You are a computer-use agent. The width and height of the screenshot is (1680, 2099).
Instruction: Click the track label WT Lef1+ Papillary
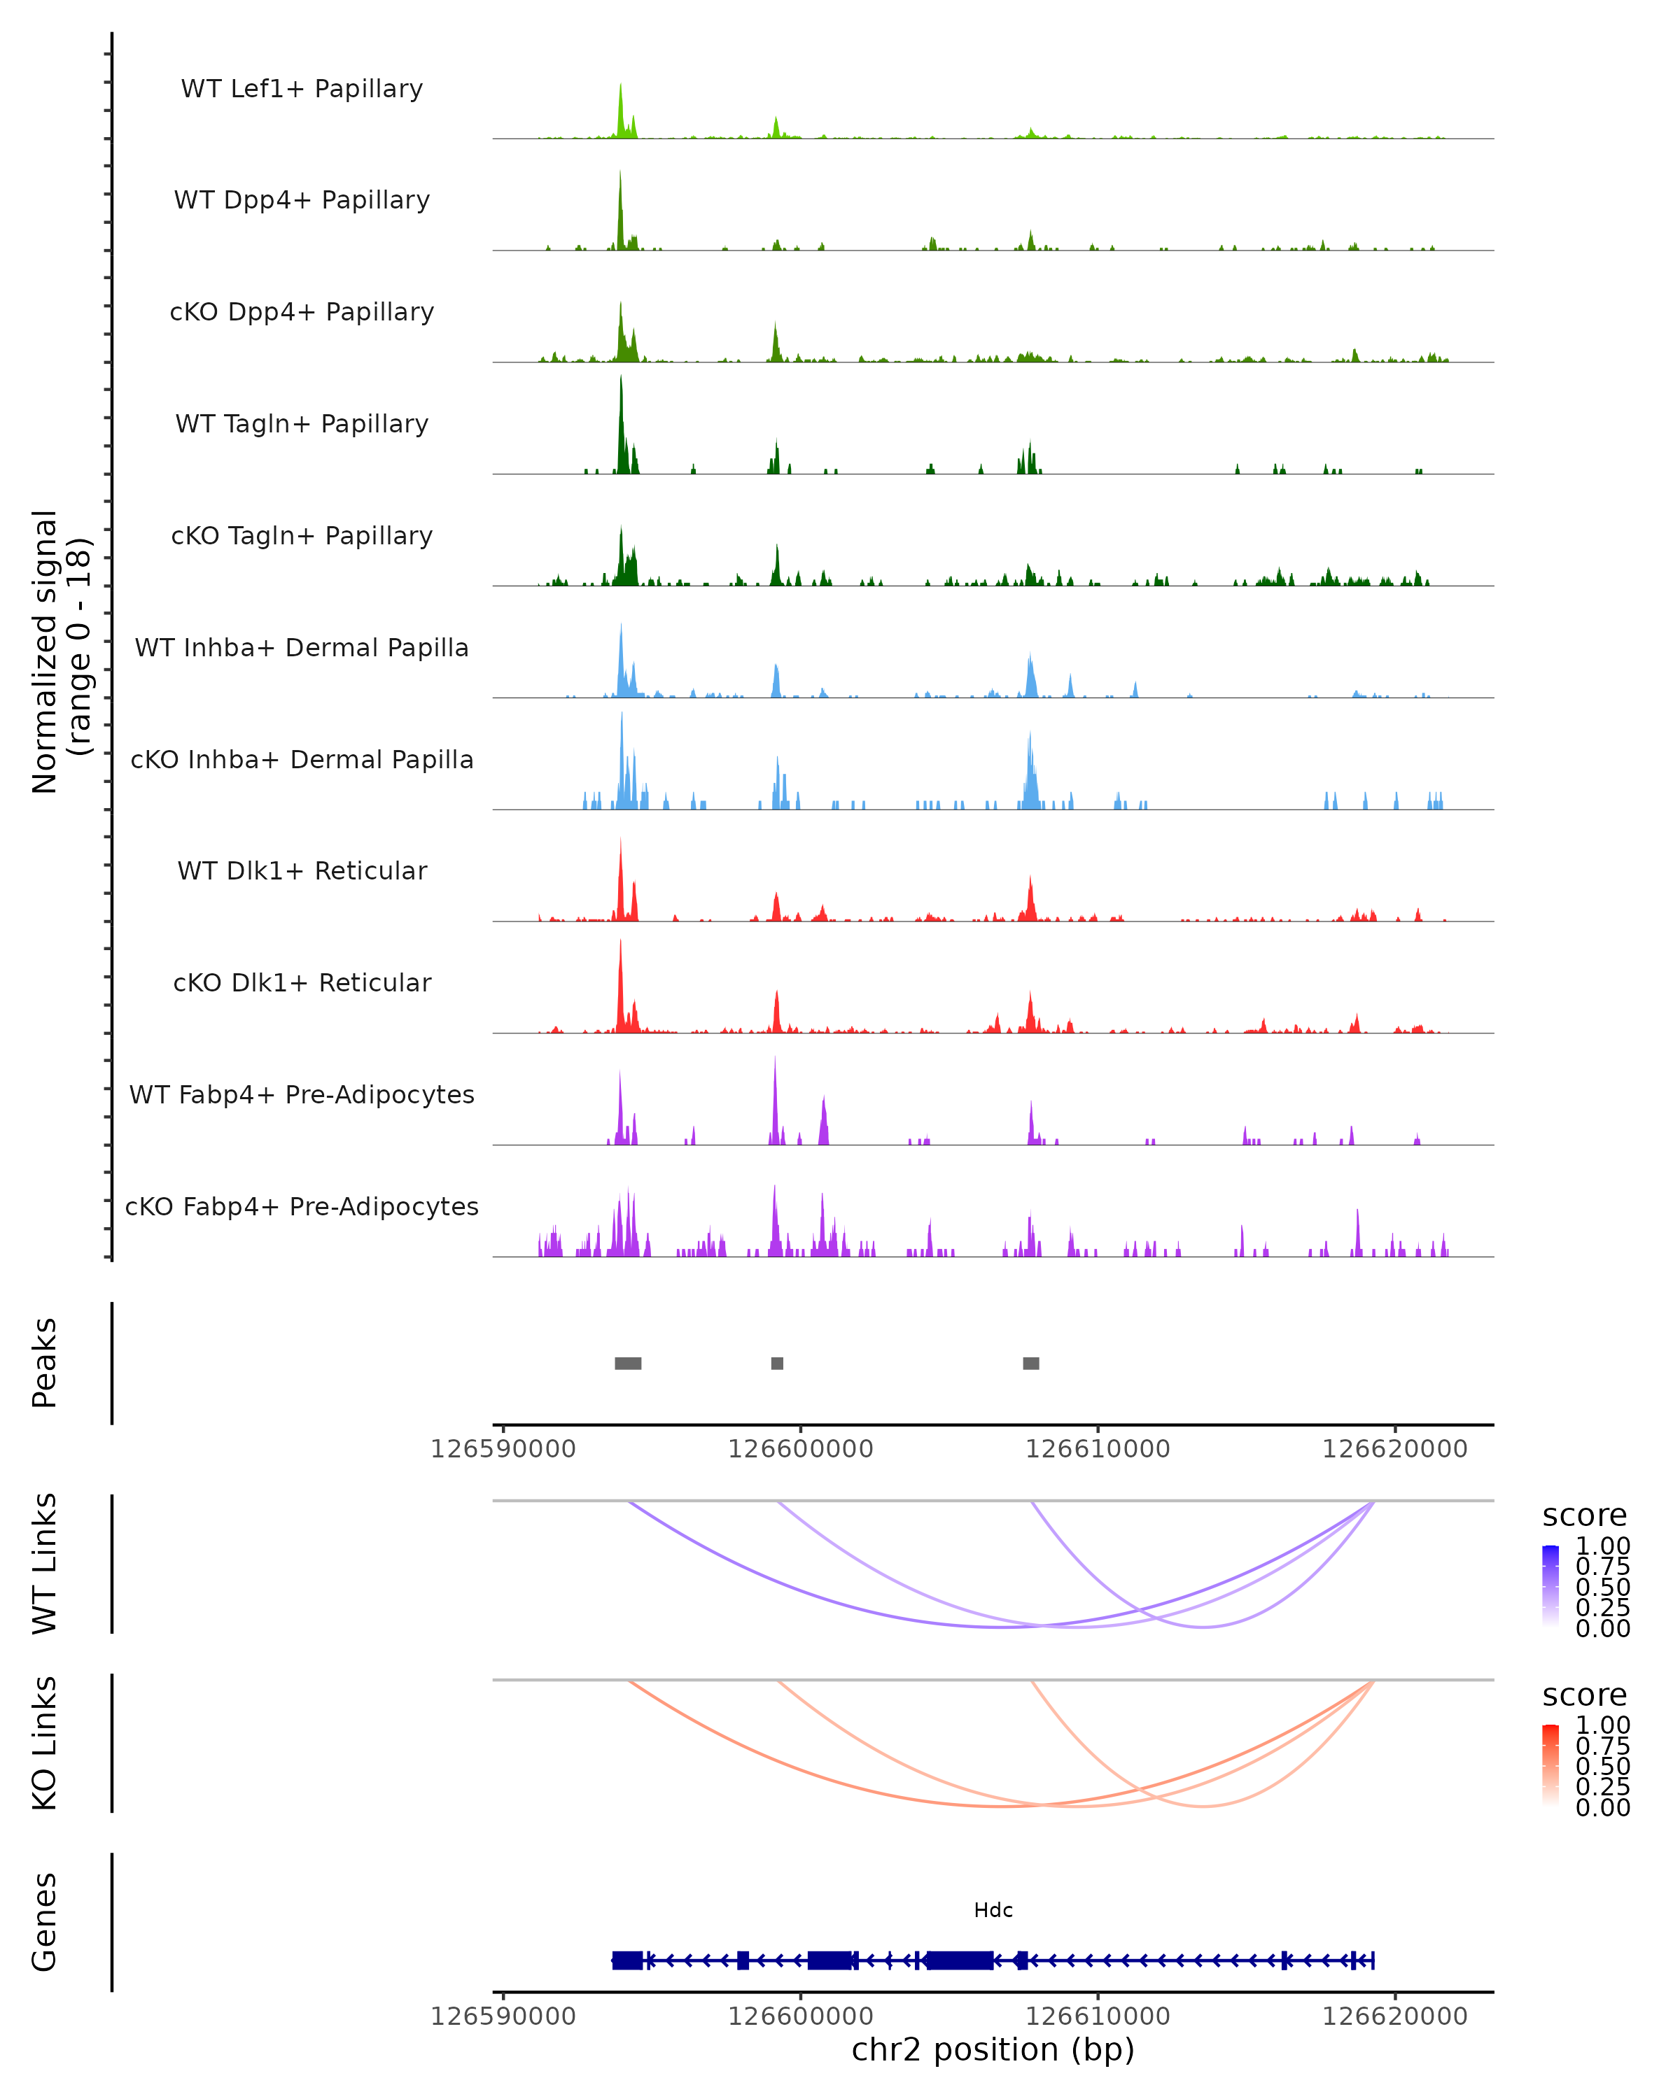302,89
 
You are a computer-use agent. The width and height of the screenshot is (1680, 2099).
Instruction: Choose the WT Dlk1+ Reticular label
302,870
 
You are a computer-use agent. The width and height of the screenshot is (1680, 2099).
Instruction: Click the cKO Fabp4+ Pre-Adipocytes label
302,1206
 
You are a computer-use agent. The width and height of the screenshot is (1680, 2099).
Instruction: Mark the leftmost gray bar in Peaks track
628,1363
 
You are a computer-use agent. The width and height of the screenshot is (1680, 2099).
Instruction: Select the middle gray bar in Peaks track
777,1363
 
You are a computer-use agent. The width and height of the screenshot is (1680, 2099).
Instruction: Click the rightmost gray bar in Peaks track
1031,1363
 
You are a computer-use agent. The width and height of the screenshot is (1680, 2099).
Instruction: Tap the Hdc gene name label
993,1910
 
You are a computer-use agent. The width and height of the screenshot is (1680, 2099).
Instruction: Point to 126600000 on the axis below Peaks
801,1449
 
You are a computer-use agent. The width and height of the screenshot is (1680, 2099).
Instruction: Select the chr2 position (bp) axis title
993,2049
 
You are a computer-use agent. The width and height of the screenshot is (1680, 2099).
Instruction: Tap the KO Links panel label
45,1743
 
